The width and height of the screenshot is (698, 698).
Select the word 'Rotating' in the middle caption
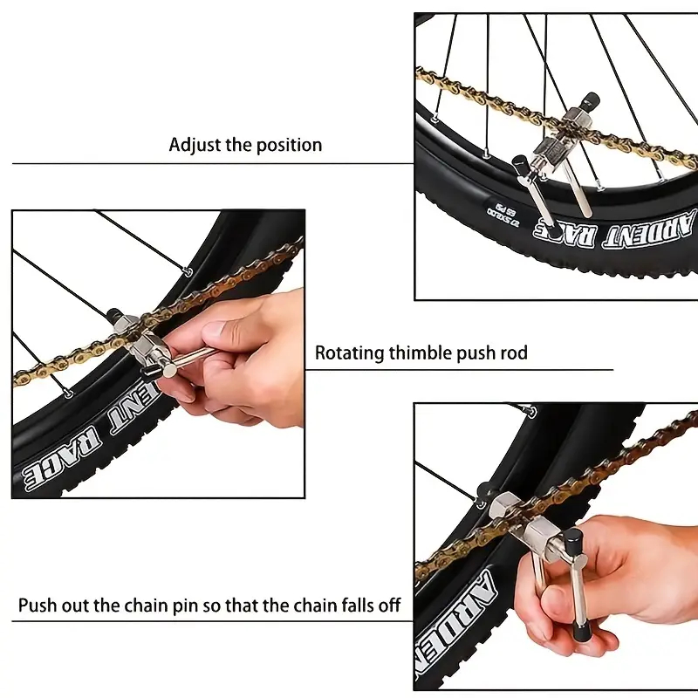click(350, 353)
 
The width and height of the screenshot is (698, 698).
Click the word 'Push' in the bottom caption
click(38, 606)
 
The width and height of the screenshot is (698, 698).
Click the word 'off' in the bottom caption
click(387, 606)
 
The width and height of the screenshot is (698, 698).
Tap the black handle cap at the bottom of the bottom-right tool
click(581, 633)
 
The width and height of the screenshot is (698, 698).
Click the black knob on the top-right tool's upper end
click(592, 100)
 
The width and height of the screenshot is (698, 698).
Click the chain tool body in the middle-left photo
click(138, 340)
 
